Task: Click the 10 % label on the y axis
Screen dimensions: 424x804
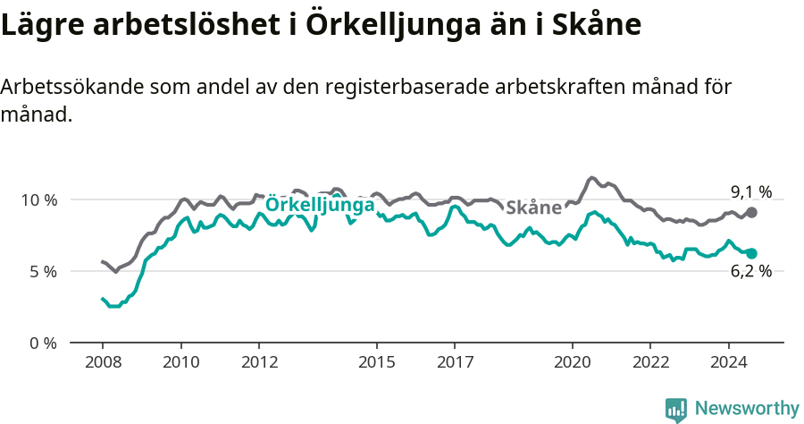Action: pos(38,199)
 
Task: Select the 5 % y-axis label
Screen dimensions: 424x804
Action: pos(42,271)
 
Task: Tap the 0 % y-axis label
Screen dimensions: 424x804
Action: pos(42,343)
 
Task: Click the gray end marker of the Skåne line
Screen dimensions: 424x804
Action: pos(752,212)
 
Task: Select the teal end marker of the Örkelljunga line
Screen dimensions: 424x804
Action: pos(752,254)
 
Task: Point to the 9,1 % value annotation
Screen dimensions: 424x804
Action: pos(751,191)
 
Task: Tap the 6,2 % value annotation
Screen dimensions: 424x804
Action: pos(751,272)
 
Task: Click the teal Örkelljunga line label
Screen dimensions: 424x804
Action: pos(320,205)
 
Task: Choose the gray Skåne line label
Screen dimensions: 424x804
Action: pos(533,208)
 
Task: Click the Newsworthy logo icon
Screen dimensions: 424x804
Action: pos(676,410)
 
